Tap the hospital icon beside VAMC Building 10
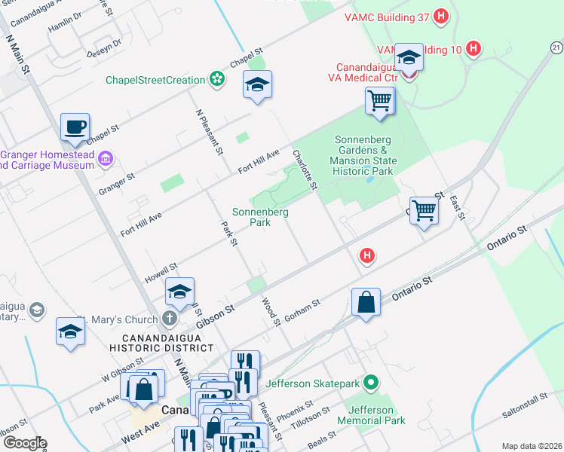coord(473,49)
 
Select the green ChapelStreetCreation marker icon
coord(217,80)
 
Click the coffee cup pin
coord(75,127)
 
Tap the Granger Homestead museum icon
coord(106,158)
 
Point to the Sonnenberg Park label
coord(260,217)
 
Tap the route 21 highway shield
coord(556,47)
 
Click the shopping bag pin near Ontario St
coord(366,303)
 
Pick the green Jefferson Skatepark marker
coord(369,383)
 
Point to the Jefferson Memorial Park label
coord(371,415)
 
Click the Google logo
coord(24,443)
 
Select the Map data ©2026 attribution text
coord(531,446)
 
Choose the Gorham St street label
coord(304,307)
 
